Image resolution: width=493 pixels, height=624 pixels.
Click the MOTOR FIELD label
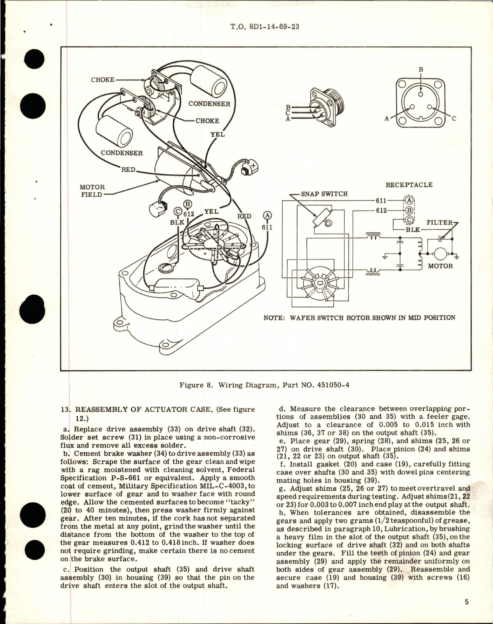pyautogui.click(x=92, y=191)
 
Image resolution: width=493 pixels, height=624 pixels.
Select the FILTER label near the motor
pyautogui.click(x=440, y=223)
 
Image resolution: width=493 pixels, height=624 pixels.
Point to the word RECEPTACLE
pyautogui.click(x=409, y=185)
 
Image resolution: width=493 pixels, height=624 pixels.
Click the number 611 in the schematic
pyautogui.click(x=381, y=201)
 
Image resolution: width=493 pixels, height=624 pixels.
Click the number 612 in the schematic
pyautogui.click(x=381, y=210)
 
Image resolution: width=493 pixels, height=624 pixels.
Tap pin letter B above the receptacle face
pyautogui.click(x=421, y=70)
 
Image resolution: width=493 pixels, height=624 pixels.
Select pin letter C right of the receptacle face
pyautogui.click(x=454, y=119)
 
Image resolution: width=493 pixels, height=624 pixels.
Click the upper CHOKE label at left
pyautogui.click(x=103, y=80)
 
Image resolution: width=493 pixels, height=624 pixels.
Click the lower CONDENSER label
pyautogui.click(x=122, y=153)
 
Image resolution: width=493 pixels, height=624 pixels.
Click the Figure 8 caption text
pyautogui.click(x=264, y=384)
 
